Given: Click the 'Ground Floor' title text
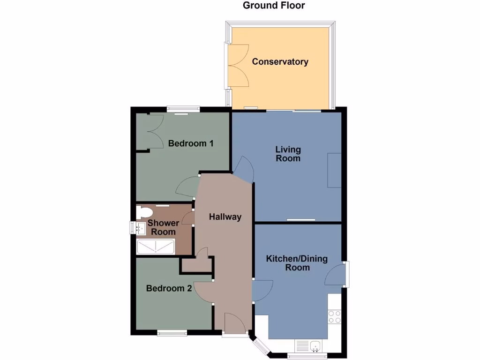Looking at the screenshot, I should point(274,6).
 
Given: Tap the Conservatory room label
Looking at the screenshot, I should point(280,62).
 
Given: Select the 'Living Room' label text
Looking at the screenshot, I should point(288,154).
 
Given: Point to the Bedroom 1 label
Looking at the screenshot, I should point(191,143).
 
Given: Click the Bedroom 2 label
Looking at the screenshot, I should point(169,288).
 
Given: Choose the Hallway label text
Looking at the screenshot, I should point(225,217).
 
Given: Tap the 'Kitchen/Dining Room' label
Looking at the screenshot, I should point(297,263).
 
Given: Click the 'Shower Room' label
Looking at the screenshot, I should point(163,227).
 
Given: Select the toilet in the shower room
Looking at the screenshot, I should point(142,212).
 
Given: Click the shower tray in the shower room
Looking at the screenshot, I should point(156,247).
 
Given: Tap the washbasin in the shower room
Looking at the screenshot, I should point(140,228).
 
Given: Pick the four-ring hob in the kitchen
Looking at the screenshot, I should point(335,317).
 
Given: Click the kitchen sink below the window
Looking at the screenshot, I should point(311,346).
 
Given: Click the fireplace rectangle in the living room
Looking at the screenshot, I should point(334,170).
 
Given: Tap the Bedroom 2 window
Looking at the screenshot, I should point(172,333).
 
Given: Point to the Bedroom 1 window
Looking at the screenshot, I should point(183,110).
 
